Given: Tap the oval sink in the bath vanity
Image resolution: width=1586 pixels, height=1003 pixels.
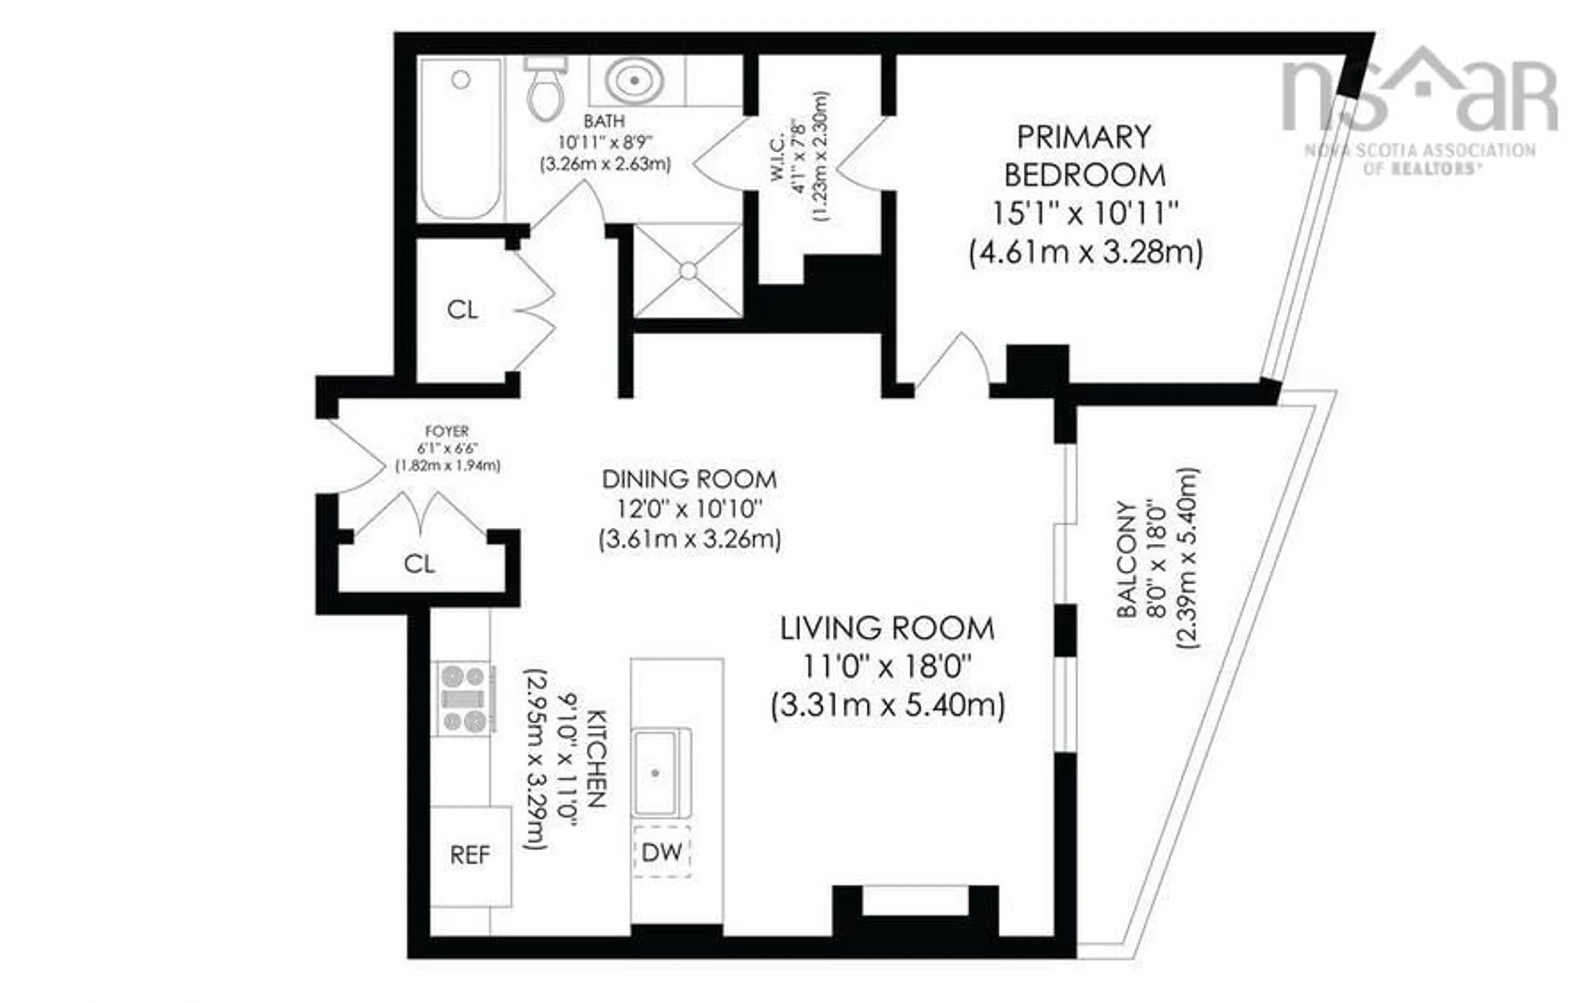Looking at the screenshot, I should click(x=635, y=80).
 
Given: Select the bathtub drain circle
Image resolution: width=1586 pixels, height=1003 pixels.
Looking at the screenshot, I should click(x=461, y=80).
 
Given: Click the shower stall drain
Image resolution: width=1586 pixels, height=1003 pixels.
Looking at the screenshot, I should click(x=688, y=271).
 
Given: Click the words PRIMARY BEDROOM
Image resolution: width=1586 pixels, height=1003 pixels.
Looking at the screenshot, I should click(x=1084, y=156).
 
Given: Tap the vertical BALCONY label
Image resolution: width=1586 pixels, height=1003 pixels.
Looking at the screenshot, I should click(x=1127, y=560).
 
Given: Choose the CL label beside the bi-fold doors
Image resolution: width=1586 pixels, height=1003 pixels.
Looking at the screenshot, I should click(x=462, y=309).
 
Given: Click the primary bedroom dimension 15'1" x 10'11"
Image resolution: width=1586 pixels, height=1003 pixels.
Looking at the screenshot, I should click(x=1084, y=213).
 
